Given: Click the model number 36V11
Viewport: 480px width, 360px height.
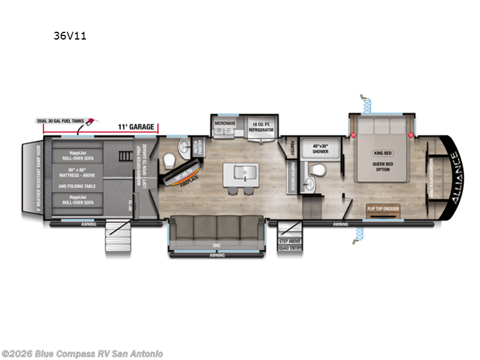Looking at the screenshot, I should point(70,36).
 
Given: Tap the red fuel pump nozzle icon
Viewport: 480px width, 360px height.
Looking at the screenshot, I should point(92,122).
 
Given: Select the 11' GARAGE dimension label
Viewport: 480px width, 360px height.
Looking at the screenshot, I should point(135,127).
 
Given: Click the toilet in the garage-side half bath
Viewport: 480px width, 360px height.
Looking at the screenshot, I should point(170,160).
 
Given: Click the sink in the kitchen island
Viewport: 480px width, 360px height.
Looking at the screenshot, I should point(240,172).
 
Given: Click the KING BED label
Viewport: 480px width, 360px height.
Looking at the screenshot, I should point(382,154).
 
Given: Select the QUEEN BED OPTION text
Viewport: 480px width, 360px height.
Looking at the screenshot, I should point(382,166).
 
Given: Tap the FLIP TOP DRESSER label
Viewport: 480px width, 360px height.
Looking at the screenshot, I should point(383,209).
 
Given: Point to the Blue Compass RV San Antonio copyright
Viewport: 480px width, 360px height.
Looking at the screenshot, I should point(82,354).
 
